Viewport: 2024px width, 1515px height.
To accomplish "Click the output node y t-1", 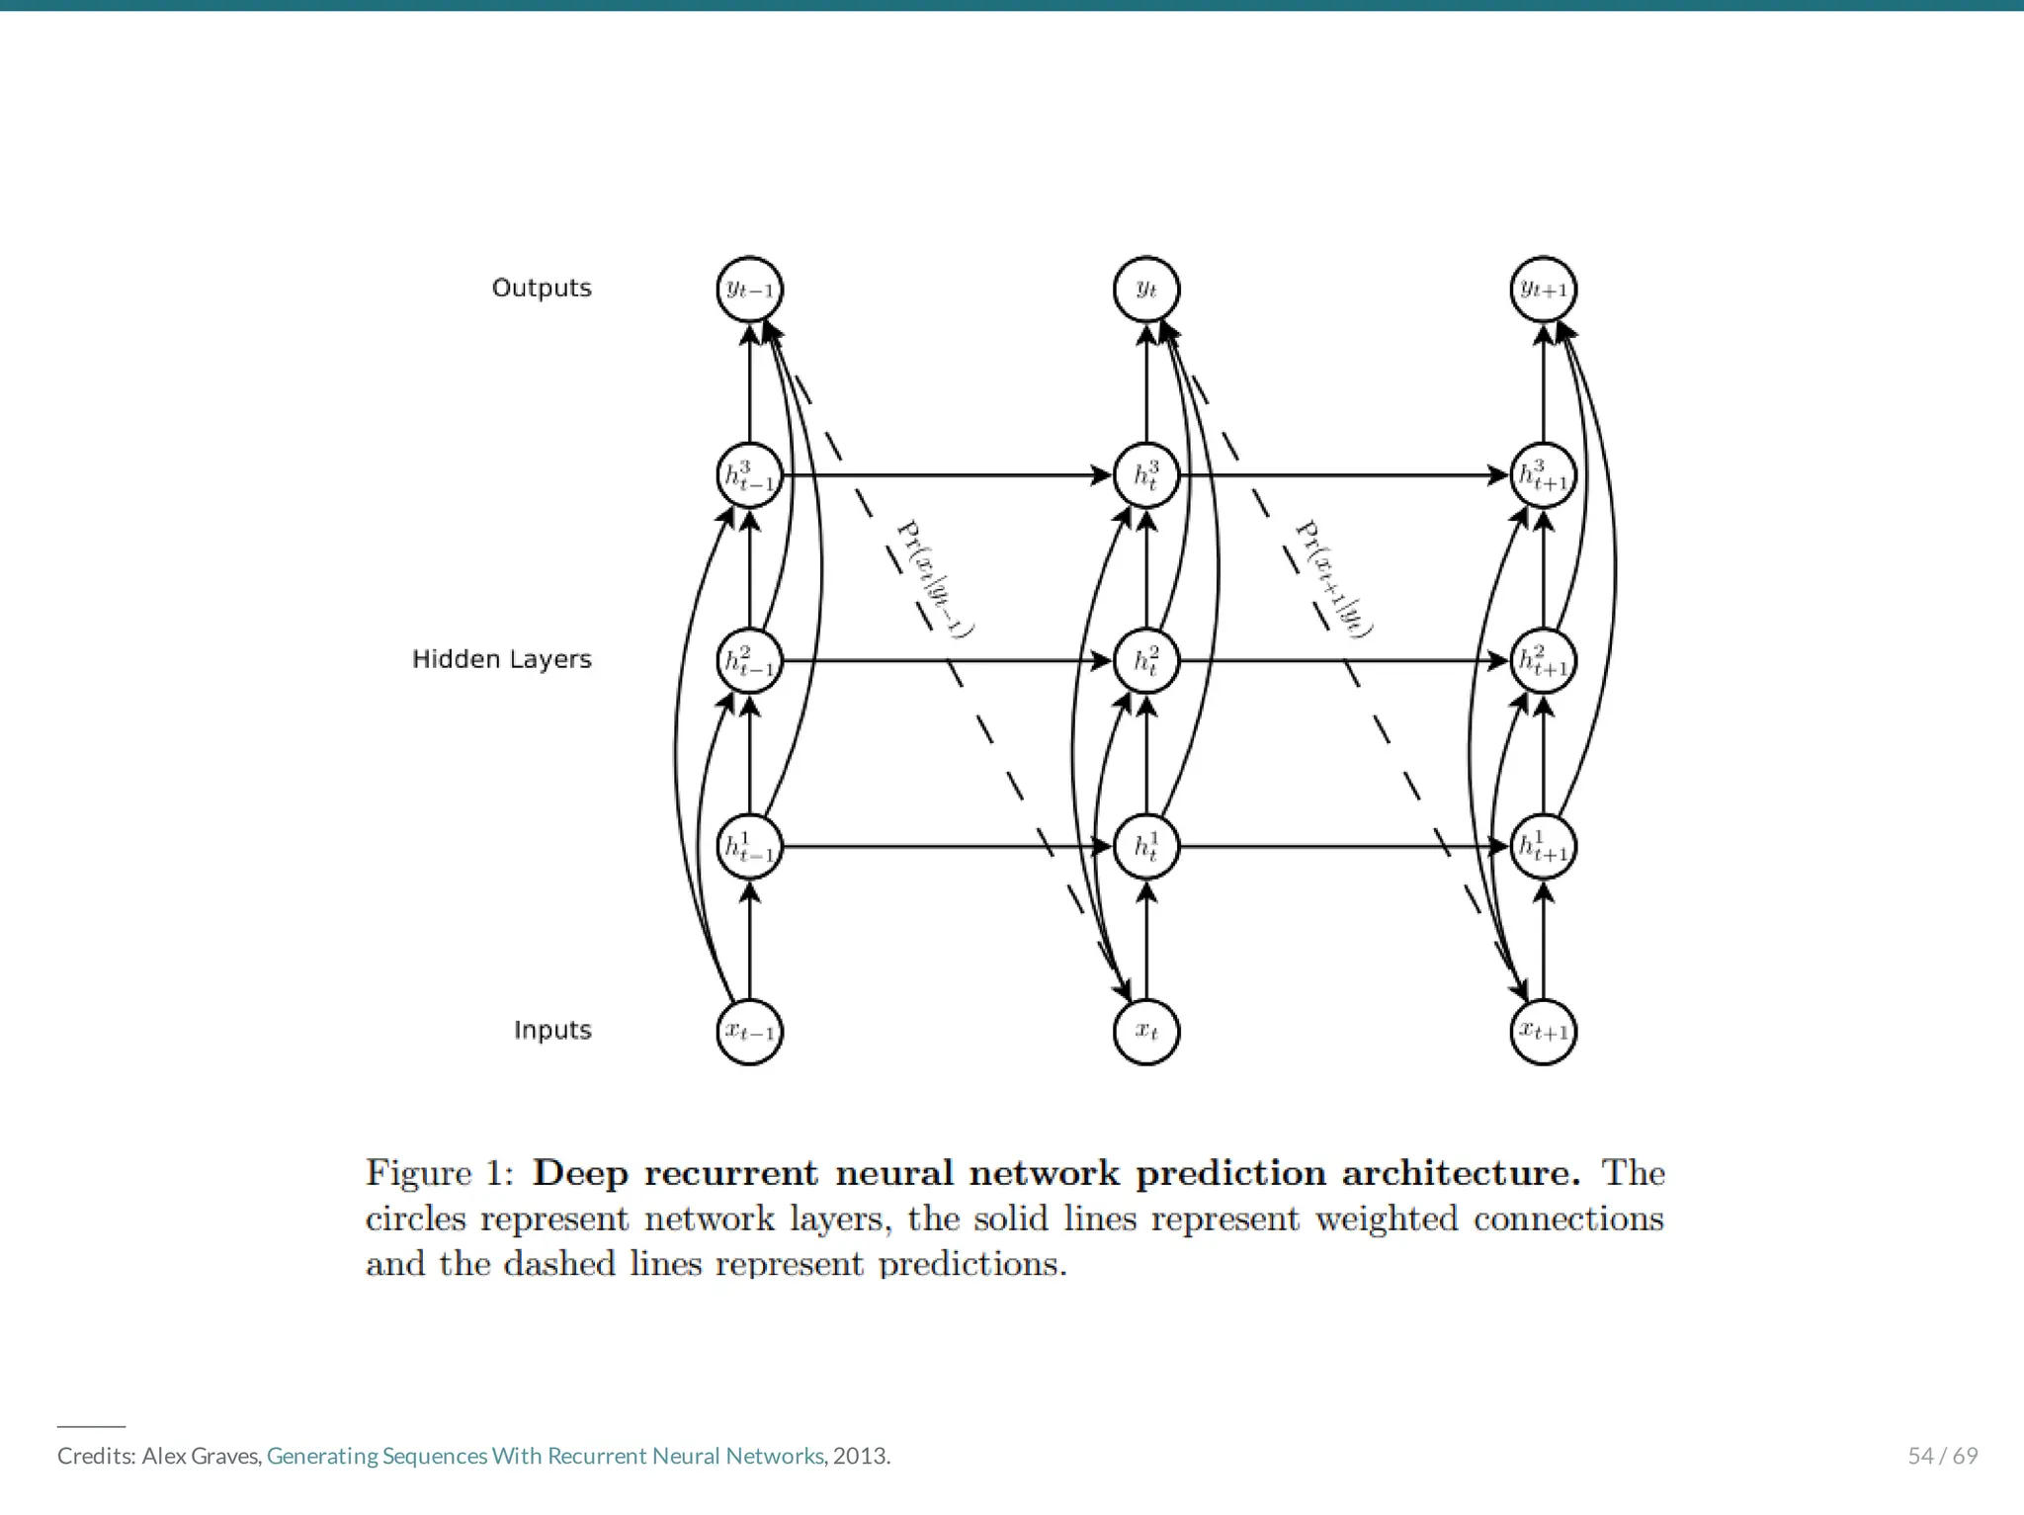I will click(749, 290).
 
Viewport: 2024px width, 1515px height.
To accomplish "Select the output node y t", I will click(1146, 290).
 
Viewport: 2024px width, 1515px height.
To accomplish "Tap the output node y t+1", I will click(1544, 290).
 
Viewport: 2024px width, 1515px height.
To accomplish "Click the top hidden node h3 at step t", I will click(1146, 475).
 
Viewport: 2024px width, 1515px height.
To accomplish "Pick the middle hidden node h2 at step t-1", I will click(749, 661).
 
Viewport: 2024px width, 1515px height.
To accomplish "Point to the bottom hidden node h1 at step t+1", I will click(1544, 847).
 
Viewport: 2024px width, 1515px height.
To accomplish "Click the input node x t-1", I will click(749, 1032).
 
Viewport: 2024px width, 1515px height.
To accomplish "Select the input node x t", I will click(1146, 1032).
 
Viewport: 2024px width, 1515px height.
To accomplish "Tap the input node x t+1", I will click(1544, 1032).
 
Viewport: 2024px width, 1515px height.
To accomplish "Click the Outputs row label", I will click(542, 288).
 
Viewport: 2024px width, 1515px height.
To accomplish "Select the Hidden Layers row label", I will click(501, 659).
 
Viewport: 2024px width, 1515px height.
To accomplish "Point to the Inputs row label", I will click(552, 1030).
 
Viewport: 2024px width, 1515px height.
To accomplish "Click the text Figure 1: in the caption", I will click(440, 1173).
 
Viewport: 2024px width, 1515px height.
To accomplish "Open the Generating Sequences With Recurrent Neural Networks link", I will click(545, 1456).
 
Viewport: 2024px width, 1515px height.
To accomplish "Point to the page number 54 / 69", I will click(1942, 1456).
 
